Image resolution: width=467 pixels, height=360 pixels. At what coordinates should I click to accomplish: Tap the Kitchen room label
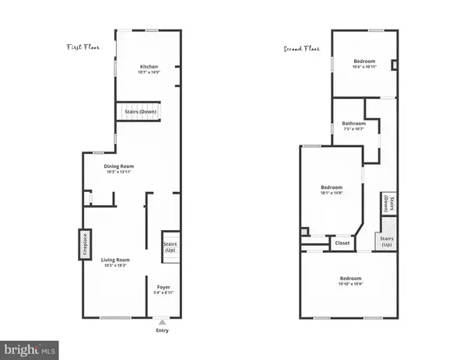click(149, 67)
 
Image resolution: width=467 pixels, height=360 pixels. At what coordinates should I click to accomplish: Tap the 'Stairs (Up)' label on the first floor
click(170, 247)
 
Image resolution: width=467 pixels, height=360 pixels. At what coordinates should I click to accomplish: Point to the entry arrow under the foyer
click(161, 321)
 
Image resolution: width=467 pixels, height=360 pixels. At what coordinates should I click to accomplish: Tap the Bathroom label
click(353, 125)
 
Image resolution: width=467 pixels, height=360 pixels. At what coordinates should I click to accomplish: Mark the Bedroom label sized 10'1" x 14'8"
click(332, 189)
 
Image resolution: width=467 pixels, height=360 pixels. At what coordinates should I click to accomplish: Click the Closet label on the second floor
click(342, 243)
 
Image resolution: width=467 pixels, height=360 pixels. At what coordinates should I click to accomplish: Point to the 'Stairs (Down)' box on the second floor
click(387, 204)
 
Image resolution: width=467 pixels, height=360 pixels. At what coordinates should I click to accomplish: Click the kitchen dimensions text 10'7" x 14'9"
click(149, 72)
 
